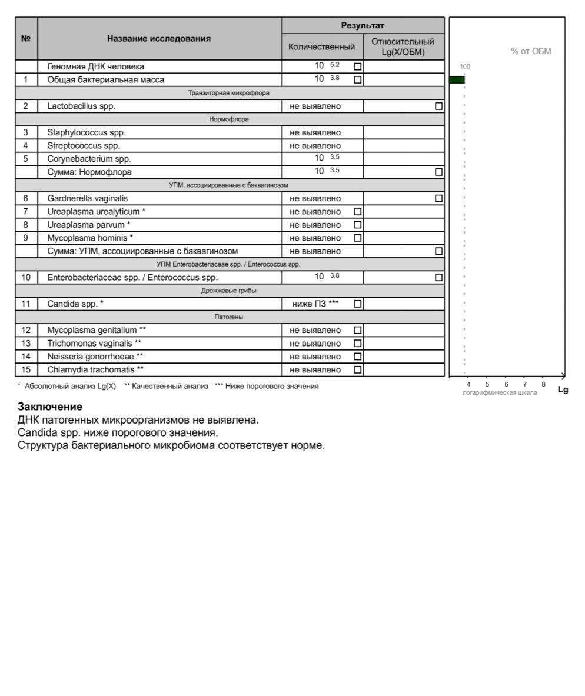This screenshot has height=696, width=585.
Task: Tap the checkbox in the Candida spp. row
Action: pos(358,304)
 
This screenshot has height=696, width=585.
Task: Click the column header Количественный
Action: pos(322,47)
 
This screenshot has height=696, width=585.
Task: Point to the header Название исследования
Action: pos(159,39)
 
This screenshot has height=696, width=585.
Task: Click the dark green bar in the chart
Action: pos(457,79)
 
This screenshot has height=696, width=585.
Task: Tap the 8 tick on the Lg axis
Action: pos(543,384)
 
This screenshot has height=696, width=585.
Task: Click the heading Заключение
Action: pos(50,407)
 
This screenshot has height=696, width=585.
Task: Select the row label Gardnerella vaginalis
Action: pos(87,199)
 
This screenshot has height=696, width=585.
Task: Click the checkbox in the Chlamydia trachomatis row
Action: pos(358,370)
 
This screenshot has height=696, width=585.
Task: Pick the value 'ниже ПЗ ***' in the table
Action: pos(315,304)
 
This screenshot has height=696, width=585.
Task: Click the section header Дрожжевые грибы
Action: pos(229,291)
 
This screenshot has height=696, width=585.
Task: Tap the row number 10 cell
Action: pos(26,278)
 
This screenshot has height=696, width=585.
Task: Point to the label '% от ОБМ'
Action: pos(531,52)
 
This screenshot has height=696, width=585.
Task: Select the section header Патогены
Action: pos(229,317)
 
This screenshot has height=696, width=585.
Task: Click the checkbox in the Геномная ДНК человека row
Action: pos(358,66)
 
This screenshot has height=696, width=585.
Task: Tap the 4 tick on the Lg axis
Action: pos(468,384)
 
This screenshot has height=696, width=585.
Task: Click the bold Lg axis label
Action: pos(563,389)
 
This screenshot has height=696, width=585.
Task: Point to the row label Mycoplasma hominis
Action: pos(90,238)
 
